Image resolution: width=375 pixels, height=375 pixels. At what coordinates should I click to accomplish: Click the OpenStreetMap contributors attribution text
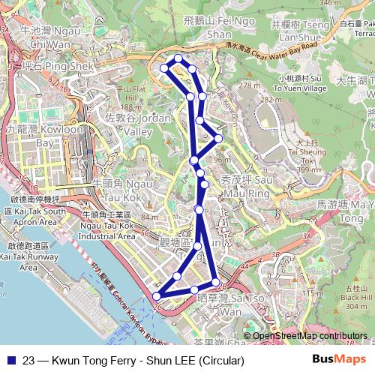point(310,336)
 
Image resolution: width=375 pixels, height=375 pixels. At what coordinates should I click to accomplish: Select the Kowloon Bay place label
point(30,136)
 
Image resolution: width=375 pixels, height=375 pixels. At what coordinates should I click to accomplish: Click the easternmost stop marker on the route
point(218,138)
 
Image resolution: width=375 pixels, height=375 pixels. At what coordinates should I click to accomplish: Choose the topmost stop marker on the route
point(178,58)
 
